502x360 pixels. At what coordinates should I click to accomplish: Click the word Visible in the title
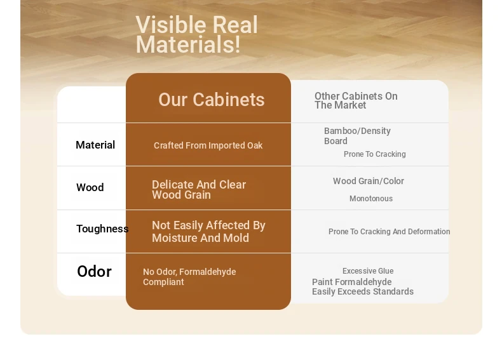(172, 25)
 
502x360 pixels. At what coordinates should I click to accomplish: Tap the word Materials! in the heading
(188, 44)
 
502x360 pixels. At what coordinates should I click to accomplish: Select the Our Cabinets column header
(212, 100)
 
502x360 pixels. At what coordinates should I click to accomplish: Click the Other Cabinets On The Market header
(356, 100)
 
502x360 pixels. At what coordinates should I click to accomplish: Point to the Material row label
(95, 145)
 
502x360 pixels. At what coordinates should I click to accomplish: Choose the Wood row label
(90, 187)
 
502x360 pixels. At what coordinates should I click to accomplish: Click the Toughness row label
(102, 229)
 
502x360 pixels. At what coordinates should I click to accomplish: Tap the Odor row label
(94, 271)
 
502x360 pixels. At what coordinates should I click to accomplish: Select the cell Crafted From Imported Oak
(208, 145)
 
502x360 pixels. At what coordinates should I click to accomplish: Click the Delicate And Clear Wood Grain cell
(199, 190)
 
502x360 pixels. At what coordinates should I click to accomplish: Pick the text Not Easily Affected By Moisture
(208, 231)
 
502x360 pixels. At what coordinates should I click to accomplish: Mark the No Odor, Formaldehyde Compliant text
(189, 277)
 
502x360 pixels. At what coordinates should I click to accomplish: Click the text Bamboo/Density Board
(357, 136)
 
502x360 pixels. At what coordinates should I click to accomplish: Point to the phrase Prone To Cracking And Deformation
(389, 232)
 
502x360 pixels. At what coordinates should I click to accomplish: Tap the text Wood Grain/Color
(369, 181)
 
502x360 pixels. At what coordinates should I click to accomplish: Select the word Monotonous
(371, 199)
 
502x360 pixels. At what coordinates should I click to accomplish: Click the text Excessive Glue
(368, 271)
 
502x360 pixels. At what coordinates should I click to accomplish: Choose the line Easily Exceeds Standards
(363, 292)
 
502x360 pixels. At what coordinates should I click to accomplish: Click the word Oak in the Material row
(255, 145)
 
